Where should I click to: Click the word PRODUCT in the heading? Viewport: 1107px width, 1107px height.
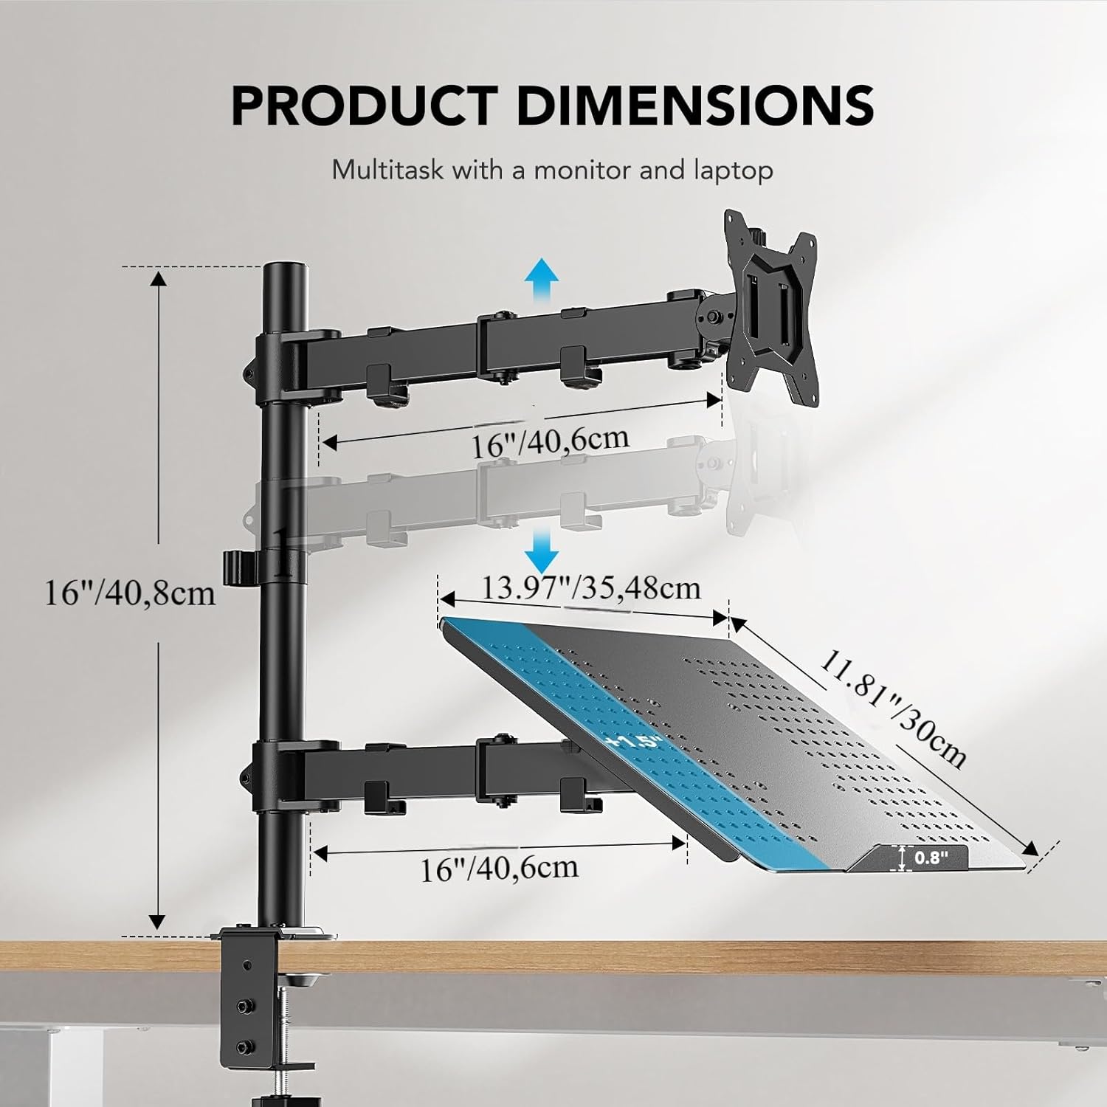tap(365, 106)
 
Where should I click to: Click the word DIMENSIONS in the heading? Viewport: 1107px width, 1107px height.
tap(696, 106)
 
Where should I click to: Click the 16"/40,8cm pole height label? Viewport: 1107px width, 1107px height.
tap(131, 593)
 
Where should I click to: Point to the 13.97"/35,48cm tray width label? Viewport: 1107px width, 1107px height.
tap(591, 587)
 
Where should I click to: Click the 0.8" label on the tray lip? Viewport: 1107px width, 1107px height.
tap(931, 858)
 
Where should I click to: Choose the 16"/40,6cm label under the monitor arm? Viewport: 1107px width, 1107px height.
tap(551, 442)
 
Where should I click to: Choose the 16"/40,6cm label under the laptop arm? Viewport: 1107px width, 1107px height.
tap(500, 868)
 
